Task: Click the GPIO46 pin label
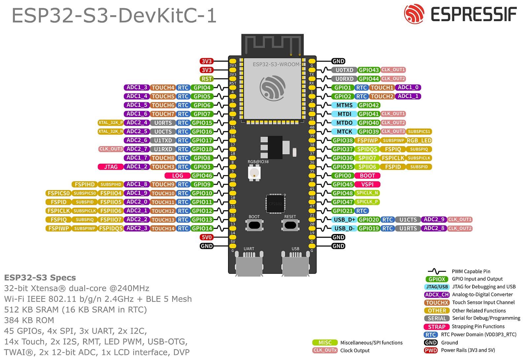[202, 176]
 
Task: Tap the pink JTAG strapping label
[111, 167]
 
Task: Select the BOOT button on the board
[254, 225]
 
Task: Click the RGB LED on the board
[254, 172]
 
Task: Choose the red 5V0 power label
[207, 237]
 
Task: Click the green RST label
[207, 79]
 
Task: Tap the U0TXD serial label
[344, 70]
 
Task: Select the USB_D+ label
[344, 219]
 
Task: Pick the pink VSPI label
[367, 184]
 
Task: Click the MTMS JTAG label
[344, 105]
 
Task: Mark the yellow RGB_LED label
[419, 140]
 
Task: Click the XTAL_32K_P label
[111, 123]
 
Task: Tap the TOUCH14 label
[163, 228]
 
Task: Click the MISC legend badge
[325, 343]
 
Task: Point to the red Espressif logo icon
[414, 14]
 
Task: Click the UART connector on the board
[249, 264]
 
